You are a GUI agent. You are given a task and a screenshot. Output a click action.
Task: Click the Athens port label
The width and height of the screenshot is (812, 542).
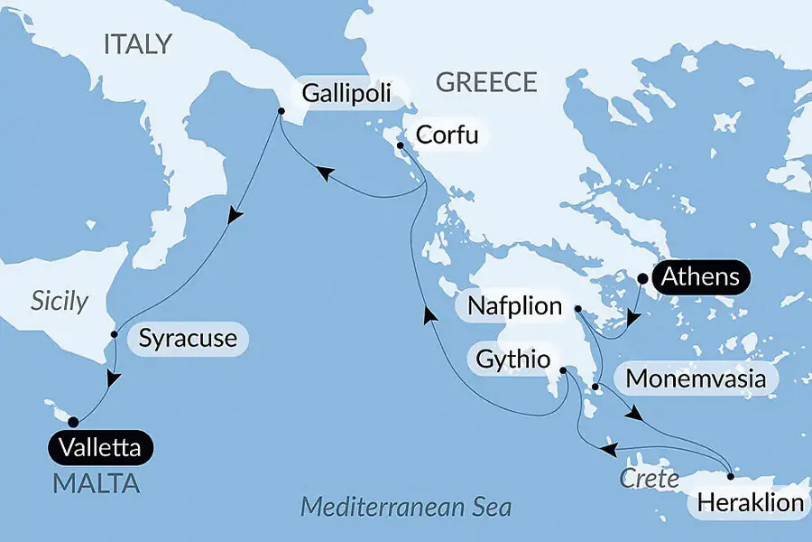tap(701, 277)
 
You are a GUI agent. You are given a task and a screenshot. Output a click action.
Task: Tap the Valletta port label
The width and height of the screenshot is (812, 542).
tap(101, 447)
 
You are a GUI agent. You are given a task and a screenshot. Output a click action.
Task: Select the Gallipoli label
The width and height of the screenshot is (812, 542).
tap(347, 93)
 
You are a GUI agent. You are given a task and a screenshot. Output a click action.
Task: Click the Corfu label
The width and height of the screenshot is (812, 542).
tap(446, 136)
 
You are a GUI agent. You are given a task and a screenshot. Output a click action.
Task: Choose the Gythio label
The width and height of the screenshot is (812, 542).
tap(511, 359)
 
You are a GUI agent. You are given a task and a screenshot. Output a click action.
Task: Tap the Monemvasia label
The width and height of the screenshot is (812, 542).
tap(696, 378)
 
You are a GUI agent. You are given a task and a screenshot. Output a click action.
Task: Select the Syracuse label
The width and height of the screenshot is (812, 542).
tap(189, 339)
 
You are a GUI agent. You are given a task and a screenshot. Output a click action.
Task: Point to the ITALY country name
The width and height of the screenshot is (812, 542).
tap(137, 44)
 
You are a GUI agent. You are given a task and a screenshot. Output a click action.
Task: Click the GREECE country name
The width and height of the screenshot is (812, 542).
tap(486, 83)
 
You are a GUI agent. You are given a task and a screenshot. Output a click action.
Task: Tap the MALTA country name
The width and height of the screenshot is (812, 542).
tap(97, 483)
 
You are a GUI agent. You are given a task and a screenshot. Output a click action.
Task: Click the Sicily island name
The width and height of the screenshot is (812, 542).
tap(60, 301)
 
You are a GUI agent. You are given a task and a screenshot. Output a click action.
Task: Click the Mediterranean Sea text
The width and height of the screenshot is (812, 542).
tap(405, 506)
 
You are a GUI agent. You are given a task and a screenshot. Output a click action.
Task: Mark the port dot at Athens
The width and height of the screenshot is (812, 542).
tap(642, 278)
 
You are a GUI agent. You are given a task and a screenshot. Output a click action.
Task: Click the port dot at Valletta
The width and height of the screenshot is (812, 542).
tap(73, 421)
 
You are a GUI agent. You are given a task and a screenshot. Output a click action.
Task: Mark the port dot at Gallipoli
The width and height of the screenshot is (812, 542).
tap(281, 111)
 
